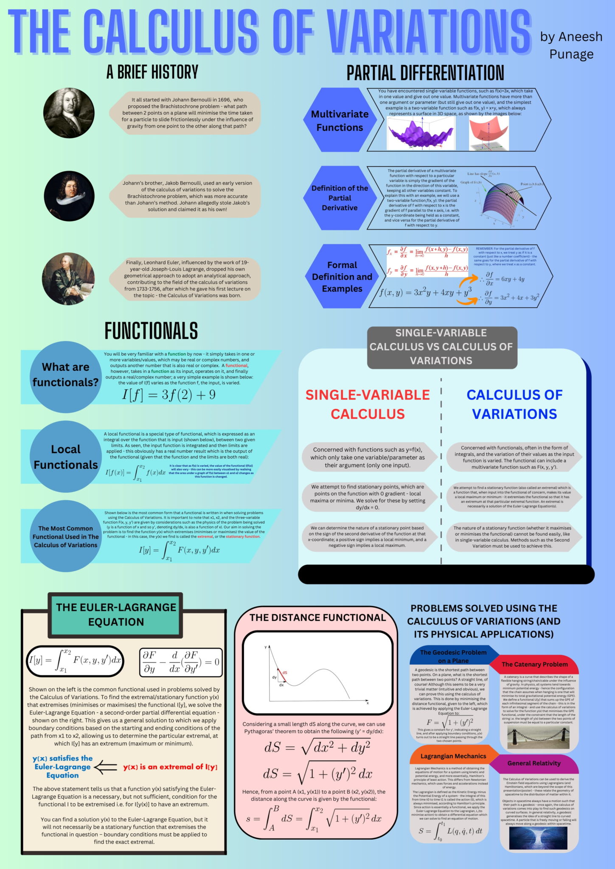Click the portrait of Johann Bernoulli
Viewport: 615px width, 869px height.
click(x=69, y=113)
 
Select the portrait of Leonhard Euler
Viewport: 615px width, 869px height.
click(x=68, y=279)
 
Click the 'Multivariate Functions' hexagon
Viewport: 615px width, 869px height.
click(x=340, y=121)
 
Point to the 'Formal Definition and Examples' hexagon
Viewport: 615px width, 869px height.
click(x=342, y=277)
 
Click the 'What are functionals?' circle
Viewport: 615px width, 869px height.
click(x=65, y=375)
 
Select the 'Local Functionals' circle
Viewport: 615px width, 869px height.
click(x=65, y=457)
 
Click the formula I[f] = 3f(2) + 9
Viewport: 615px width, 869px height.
click(x=169, y=395)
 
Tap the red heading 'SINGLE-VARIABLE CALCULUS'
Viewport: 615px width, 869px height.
click(x=368, y=404)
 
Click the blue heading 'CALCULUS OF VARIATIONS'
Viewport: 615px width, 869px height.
click(x=514, y=404)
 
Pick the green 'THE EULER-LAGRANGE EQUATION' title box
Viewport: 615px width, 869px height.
click(x=116, y=614)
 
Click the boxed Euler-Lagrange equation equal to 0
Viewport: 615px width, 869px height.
click(x=181, y=662)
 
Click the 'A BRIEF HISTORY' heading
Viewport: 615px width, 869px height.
click(x=152, y=72)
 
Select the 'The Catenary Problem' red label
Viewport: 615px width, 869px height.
click(x=534, y=664)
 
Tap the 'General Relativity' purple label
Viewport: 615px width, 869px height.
click(x=534, y=763)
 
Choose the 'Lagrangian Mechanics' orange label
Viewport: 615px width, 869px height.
click(x=453, y=756)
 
